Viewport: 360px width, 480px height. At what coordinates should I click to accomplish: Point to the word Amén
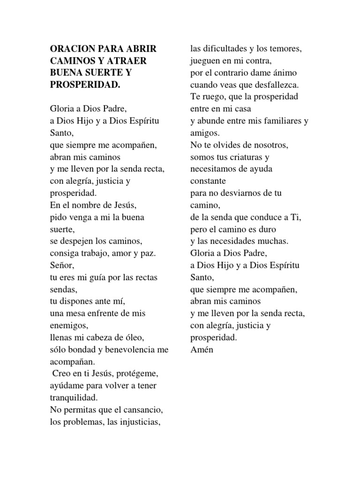click(x=202, y=349)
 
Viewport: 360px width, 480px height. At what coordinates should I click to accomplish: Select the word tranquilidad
click(x=74, y=397)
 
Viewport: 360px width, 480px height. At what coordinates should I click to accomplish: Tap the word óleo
click(x=133, y=337)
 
